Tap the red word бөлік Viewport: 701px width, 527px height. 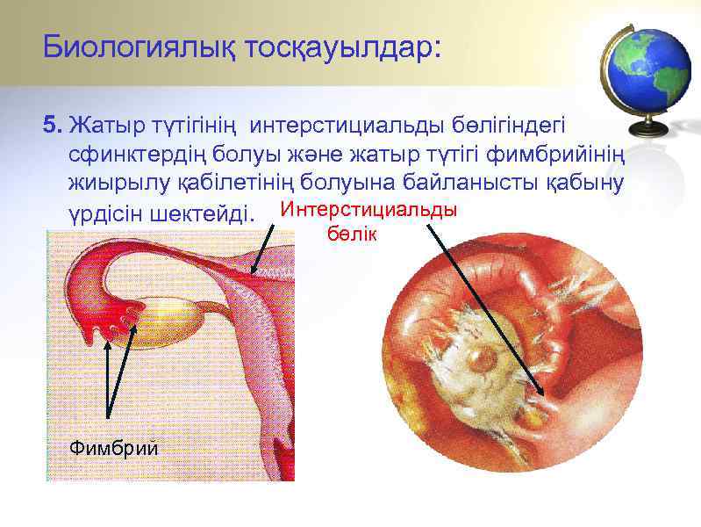click(x=351, y=235)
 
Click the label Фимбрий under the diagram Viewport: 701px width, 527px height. click(x=113, y=449)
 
